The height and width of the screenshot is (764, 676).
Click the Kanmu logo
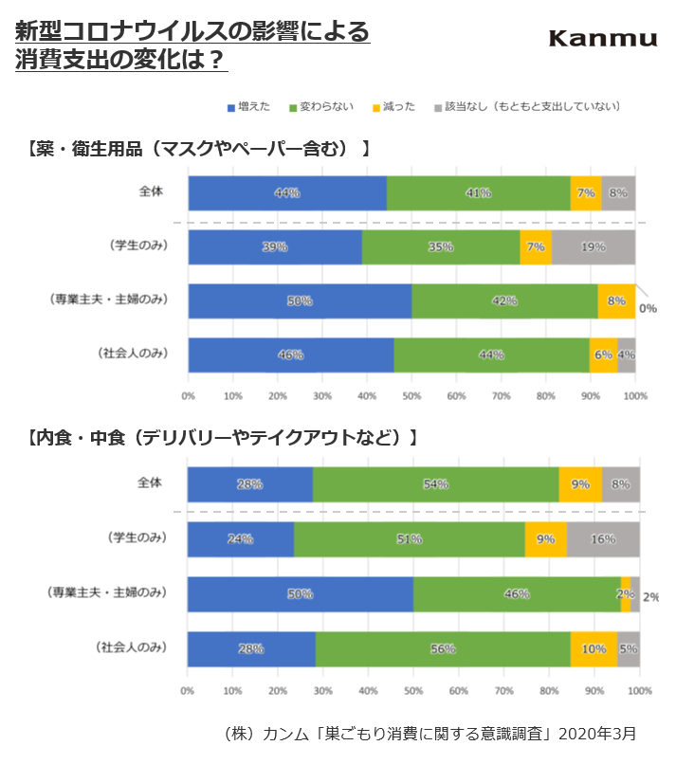point(603,38)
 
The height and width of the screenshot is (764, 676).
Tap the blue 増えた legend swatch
point(230,107)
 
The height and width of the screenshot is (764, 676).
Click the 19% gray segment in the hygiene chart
point(593,247)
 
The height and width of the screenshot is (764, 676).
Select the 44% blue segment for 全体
point(287,192)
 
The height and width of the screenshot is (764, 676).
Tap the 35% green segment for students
point(441,247)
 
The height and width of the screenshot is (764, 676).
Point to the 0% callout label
point(648,307)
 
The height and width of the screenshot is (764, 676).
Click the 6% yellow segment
point(603,355)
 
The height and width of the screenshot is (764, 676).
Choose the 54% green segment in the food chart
point(435,484)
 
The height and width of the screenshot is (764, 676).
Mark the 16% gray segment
point(603,539)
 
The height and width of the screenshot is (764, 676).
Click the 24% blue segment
point(240,539)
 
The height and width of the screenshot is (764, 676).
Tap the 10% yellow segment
point(594,649)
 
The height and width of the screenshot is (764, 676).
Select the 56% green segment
point(443,649)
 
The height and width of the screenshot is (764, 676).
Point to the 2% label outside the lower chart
point(650,597)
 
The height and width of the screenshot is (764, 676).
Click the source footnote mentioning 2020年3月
point(429,733)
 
